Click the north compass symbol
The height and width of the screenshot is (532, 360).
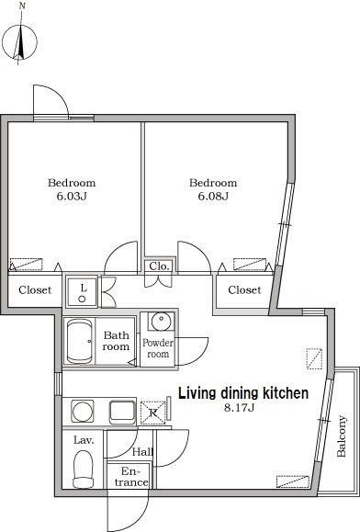[x=19, y=42]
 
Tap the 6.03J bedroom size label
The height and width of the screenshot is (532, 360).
[x=72, y=196]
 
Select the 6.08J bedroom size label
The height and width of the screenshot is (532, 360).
[x=213, y=196]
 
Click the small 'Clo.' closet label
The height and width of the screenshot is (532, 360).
[x=159, y=266]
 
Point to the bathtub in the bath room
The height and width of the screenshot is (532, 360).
[x=80, y=342]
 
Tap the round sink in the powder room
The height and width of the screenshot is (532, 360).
[x=161, y=321]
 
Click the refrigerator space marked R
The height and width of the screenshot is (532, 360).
[x=153, y=413]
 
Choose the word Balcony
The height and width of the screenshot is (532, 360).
[x=342, y=436]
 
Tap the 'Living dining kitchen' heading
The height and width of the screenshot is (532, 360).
[x=243, y=393]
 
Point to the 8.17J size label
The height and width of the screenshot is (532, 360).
[x=239, y=407]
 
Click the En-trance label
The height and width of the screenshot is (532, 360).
[x=130, y=477]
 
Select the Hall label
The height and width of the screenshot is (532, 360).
[x=142, y=451]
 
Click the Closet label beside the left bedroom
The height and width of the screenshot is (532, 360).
[x=35, y=290]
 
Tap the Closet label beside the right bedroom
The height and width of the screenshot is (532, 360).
[x=244, y=290]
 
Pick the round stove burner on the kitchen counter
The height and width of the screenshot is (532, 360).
[x=83, y=412]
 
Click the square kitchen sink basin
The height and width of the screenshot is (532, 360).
[x=122, y=412]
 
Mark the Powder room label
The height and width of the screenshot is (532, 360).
[x=158, y=348]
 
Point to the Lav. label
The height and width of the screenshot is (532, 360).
[x=84, y=440]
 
